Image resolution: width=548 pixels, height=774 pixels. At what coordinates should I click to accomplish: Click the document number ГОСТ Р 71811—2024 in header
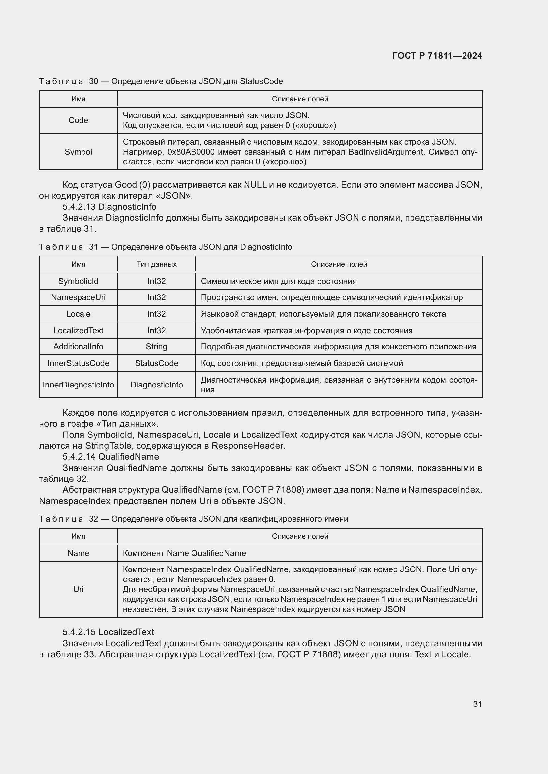437,56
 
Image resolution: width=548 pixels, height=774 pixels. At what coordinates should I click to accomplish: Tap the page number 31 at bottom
477,704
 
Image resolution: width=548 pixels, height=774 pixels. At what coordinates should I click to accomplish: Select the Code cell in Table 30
78,120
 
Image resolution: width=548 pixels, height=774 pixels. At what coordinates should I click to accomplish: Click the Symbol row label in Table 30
78,152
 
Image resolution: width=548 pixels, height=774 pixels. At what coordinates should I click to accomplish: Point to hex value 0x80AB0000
191,152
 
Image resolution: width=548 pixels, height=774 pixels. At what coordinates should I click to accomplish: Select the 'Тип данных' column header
157,264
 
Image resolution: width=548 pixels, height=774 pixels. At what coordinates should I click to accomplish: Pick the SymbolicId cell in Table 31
78,281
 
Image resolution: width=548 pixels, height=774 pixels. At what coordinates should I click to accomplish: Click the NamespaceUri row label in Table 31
78,297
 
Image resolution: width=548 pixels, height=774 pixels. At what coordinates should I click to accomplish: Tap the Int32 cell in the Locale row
157,314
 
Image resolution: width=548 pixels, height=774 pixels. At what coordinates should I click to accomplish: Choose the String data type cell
157,346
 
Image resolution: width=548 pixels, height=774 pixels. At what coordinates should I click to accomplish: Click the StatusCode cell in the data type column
157,363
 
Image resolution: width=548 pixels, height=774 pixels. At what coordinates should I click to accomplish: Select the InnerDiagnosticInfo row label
78,385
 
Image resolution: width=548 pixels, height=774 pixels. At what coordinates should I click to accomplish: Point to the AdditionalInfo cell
78,346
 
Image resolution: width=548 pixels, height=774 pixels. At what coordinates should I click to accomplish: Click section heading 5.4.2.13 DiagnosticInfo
109,206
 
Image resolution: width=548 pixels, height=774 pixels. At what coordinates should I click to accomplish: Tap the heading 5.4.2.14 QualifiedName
111,456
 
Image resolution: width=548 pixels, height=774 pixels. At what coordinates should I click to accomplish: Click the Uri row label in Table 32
78,589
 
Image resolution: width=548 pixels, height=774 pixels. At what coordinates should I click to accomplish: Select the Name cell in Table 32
78,553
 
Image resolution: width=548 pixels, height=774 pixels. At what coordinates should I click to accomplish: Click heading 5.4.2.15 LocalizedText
108,632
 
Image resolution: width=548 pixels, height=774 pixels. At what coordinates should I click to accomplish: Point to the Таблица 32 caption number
93,519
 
